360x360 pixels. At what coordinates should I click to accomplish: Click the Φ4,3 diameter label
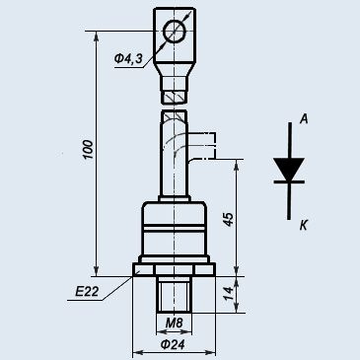click(x=128, y=59)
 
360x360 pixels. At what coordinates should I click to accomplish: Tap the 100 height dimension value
click(x=88, y=150)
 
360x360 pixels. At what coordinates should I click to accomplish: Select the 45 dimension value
click(x=228, y=219)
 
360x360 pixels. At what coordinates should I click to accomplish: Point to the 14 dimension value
click(x=228, y=294)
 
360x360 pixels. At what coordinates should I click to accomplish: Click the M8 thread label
click(x=174, y=324)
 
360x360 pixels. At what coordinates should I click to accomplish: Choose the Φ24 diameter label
click(x=173, y=344)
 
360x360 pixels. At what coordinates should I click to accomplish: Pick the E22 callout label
click(x=87, y=291)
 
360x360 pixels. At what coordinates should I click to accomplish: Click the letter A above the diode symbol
click(x=304, y=119)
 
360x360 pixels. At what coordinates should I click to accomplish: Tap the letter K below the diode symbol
click(x=304, y=226)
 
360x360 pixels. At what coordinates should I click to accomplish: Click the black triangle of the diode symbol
click(x=289, y=169)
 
